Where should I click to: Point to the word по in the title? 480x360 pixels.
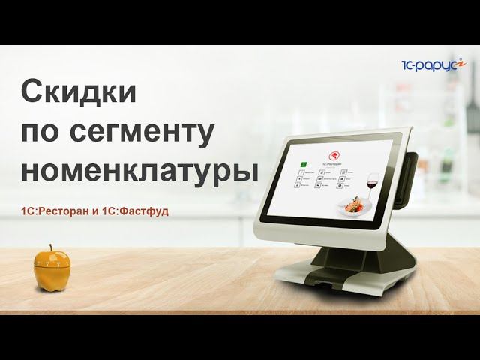[42, 132]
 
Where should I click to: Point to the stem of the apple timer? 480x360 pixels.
[52, 247]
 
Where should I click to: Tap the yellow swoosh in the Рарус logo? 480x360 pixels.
[463, 63]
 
